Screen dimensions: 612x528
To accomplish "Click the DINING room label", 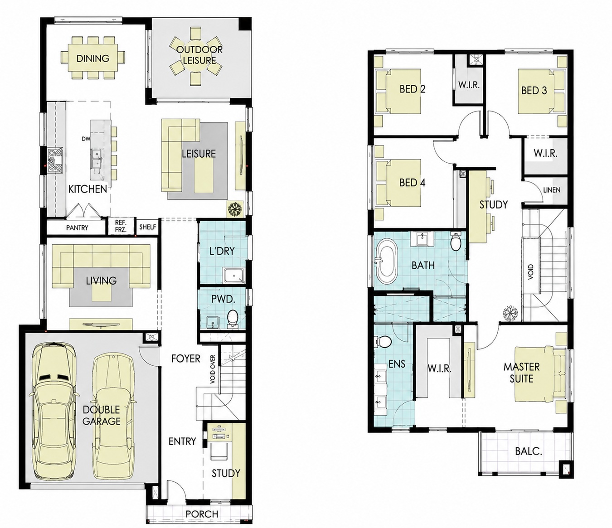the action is click(92, 58).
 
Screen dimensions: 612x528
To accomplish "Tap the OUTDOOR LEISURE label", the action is click(199, 55).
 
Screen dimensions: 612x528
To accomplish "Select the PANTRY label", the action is click(77, 228).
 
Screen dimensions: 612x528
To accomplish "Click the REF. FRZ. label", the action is click(121, 227).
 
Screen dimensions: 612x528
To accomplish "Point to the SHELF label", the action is click(147, 227).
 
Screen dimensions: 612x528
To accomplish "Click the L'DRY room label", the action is click(222, 251).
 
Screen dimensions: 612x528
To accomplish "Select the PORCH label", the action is click(202, 514).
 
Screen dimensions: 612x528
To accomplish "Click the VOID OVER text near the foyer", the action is click(213, 369).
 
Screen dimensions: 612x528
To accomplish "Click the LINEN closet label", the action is click(552, 190).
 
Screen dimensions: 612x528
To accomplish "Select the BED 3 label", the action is click(534, 91).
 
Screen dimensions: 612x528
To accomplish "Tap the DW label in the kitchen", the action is click(86, 139).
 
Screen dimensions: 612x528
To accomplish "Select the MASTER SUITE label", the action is click(521, 373).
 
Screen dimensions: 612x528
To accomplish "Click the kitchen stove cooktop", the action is click(56, 160).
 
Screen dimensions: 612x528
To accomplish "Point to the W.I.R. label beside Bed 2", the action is click(469, 85).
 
